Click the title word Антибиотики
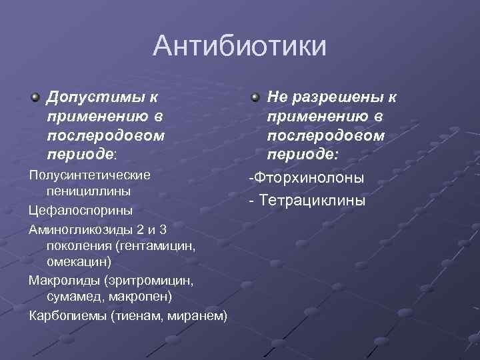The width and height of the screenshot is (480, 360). tap(240, 47)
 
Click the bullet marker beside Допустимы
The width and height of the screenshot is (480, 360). tap(35, 98)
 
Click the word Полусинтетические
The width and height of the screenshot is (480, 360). tap(89, 175)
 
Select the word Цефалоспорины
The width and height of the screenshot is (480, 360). tap(81, 210)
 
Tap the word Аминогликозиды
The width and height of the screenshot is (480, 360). tap(81, 229)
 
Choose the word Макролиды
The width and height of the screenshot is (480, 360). tap(65, 280)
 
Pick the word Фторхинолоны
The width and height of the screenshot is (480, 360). tap(307, 178)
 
